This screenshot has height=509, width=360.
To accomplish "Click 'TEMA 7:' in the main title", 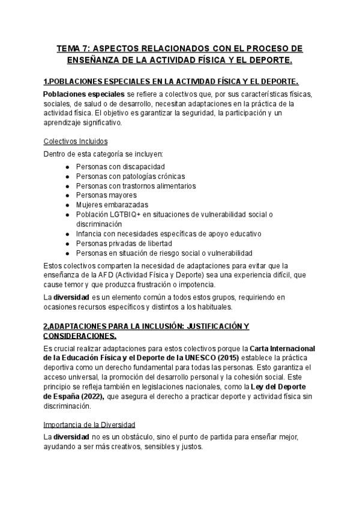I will [x=74, y=48].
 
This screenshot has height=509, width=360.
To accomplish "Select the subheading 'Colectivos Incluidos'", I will [x=76, y=141].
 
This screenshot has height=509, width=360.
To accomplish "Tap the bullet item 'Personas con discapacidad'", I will [x=121, y=166].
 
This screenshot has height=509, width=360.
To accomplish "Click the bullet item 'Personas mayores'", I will [x=106, y=195].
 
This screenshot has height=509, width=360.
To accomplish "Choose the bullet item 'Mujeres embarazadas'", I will [x=112, y=205].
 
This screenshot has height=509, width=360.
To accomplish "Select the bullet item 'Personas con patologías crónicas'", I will [x=130, y=176].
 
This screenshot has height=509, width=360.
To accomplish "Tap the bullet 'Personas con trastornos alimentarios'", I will [x=136, y=185].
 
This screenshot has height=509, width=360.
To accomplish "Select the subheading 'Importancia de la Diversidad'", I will [x=89, y=424].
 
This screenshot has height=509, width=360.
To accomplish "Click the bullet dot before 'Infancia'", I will [x=67, y=233].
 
